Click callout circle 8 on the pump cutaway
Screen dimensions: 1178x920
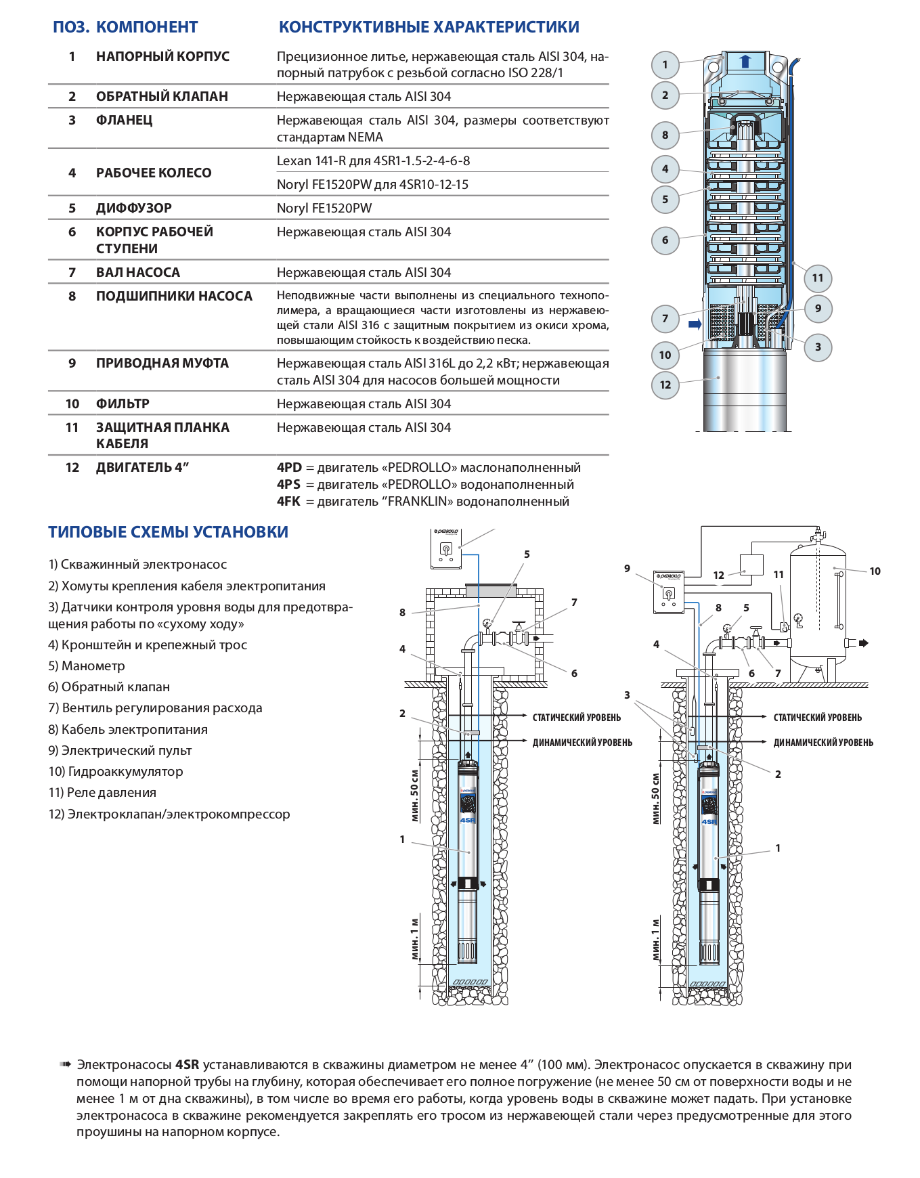(x=665, y=135)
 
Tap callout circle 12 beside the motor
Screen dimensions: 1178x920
(x=665, y=385)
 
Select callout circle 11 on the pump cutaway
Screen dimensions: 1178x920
(x=817, y=278)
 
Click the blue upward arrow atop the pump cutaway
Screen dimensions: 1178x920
(x=745, y=62)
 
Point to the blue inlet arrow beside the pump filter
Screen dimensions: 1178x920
(x=695, y=324)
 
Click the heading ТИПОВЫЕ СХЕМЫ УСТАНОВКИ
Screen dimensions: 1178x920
(x=168, y=532)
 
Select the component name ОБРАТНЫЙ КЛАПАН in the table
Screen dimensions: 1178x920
(x=162, y=96)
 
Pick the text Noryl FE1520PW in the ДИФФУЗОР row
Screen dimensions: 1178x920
(x=324, y=208)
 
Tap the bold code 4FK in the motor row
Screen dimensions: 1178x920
(x=288, y=501)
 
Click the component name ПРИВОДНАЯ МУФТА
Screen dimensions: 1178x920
(x=162, y=363)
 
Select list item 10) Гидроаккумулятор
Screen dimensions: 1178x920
(x=116, y=771)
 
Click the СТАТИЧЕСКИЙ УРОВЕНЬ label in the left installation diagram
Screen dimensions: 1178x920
(x=576, y=717)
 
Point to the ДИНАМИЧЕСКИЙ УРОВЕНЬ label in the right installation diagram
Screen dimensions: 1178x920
(x=823, y=743)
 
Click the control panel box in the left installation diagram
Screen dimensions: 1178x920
(x=446, y=548)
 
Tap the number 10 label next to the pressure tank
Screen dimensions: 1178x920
(x=875, y=571)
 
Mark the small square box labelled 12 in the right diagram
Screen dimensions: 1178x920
(x=751, y=565)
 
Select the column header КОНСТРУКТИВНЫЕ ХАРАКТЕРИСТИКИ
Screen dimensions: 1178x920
(x=429, y=27)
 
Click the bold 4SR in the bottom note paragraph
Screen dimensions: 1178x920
(x=188, y=1065)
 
